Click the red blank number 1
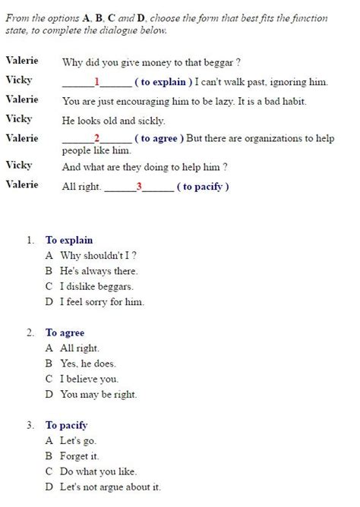click(x=96, y=81)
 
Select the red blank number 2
click(x=96, y=137)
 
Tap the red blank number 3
click(x=139, y=186)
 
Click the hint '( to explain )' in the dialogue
click(x=162, y=81)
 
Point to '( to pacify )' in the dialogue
click(x=202, y=186)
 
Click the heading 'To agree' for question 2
click(x=65, y=332)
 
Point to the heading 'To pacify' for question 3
click(x=66, y=425)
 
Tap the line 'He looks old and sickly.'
click(x=113, y=120)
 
